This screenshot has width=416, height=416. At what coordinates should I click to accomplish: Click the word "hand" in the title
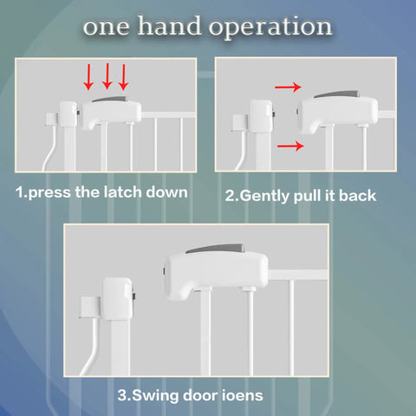pyautogui.click(x=169, y=26)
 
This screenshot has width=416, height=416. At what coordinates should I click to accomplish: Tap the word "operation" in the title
pyautogui.click(x=270, y=28)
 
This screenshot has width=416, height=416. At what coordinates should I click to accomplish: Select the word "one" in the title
pyautogui.click(x=106, y=28)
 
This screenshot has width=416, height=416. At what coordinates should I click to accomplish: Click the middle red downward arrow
pyautogui.click(x=107, y=76)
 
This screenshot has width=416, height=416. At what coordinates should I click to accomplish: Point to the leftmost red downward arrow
pyautogui.click(x=88, y=77)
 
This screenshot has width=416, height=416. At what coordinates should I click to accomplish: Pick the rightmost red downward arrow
pyautogui.click(x=124, y=77)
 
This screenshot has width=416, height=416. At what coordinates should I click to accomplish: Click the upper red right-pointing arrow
pyautogui.click(x=288, y=87)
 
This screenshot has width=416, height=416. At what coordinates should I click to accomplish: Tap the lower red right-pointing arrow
pyautogui.click(x=290, y=146)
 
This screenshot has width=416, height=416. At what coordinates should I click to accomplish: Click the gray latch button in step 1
pyautogui.click(x=110, y=100)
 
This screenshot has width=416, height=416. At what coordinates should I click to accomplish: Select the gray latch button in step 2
pyautogui.click(x=336, y=94)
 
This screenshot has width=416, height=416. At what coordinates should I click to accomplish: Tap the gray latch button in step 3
pyautogui.click(x=216, y=249)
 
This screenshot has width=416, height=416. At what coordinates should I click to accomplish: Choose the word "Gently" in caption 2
pyautogui.click(x=264, y=197)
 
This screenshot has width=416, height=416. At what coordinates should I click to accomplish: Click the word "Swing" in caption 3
pyautogui.click(x=155, y=396)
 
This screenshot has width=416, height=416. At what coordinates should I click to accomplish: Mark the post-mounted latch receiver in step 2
pyautogui.click(x=262, y=116)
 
